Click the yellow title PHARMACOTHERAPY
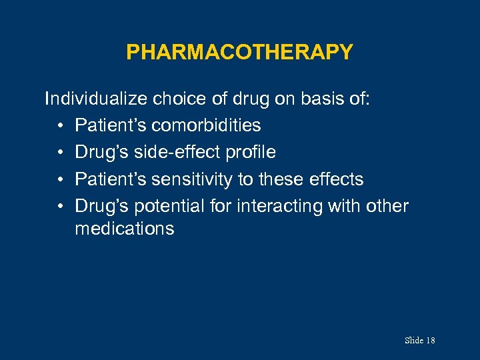point(239,52)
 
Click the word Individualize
point(97,99)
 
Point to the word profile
point(250,153)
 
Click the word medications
point(125,229)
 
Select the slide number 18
point(430,341)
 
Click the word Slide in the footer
point(414,341)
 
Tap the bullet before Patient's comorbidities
point(60,126)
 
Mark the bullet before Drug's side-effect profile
point(60,153)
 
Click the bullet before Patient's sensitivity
point(60,179)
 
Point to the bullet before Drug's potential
point(60,207)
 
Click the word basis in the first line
point(323,99)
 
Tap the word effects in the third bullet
point(337,179)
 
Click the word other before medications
point(387,207)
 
